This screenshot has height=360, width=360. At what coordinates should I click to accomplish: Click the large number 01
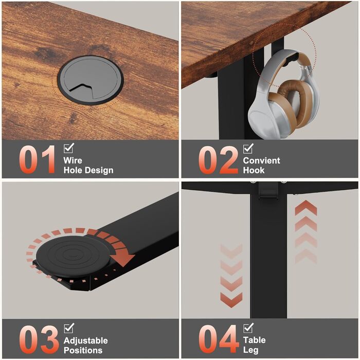(x=37, y=159)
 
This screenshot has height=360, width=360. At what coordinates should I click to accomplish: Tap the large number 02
(x=218, y=160)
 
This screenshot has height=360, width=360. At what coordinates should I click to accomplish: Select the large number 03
(x=39, y=339)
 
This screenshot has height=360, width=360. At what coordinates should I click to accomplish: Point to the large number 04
(x=218, y=339)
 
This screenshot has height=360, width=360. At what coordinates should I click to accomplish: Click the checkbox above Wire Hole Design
(x=69, y=148)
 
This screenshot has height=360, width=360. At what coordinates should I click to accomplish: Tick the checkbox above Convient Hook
(x=248, y=148)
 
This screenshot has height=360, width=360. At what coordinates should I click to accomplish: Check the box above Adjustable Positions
(x=69, y=328)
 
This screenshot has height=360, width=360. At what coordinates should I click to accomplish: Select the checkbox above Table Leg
(x=248, y=328)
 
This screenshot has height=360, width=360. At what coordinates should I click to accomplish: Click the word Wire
(x=73, y=160)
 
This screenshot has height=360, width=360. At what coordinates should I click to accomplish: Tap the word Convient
(x=261, y=160)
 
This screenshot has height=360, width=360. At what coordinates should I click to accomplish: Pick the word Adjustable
(x=86, y=340)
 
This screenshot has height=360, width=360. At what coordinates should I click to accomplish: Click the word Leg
(x=251, y=350)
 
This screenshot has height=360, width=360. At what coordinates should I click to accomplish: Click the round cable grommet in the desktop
(x=91, y=80)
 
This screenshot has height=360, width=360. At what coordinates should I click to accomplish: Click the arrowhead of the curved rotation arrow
(x=122, y=258)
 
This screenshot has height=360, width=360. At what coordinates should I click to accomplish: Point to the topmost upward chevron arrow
(x=306, y=207)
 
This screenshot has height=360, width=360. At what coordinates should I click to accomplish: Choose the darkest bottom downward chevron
(x=231, y=300)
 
